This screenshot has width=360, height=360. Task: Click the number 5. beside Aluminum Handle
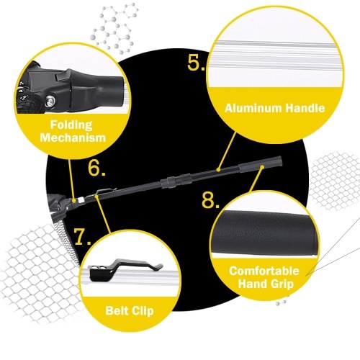click(x=197, y=63)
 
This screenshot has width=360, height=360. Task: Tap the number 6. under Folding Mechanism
click(x=96, y=168)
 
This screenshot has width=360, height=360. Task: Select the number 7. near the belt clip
click(x=82, y=237)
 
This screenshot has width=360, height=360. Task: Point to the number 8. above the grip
click(x=210, y=199)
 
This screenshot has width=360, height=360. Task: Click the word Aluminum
click(x=251, y=108)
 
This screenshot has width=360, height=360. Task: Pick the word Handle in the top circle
click(x=303, y=108)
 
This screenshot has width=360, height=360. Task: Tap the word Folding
click(x=71, y=125)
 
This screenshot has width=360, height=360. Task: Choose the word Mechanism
click(x=73, y=138)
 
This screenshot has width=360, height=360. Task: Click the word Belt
click(x=117, y=310)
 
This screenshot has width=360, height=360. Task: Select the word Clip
click(x=143, y=311)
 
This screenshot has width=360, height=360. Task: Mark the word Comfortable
click(x=264, y=271)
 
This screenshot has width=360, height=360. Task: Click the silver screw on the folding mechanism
click(x=50, y=100)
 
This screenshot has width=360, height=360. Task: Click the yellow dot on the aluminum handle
click(x=218, y=170)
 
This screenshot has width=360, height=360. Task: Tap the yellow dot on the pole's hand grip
click(x=262, y=166)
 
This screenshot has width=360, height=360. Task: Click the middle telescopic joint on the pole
click(x=176, y=181)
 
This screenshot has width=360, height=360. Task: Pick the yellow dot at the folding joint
click(x=74, y=199)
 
